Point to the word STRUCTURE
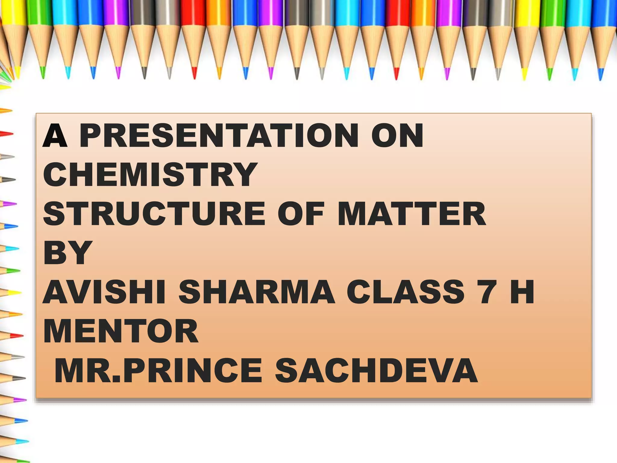point(154,214)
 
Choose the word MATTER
point(412,214)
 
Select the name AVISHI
point(104,292)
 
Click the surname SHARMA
point(256,292)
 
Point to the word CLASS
point(406,292)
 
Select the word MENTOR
point(121,331)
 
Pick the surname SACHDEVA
point(376,370)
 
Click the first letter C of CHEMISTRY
point(57,175)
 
